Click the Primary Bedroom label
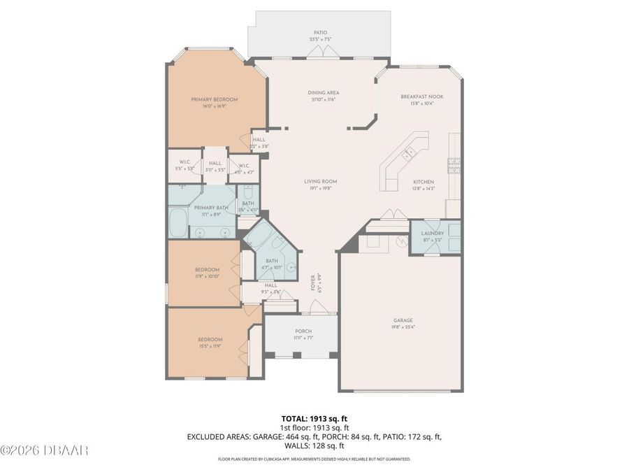click(x=215, y=99)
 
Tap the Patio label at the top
click(x=320, y=32)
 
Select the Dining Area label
click(x=324, y=92)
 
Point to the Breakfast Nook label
click(x=421, y=96)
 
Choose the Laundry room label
click(x=433, y=233)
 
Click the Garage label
click(x=403, y=320)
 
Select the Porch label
click(x=303, y=331)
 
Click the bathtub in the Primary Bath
click(x=178, y=223)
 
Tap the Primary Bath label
click(x=211, y=208)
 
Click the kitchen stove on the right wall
click(x=454, y=165)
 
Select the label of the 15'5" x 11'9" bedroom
click(x=210, y=339)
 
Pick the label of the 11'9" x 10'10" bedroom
click(x=207, y=269)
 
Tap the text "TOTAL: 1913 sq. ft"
click(x=314, y=418)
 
